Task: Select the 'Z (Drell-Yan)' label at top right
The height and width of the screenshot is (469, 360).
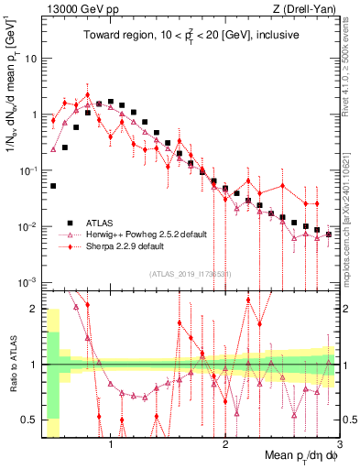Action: (x=307, y=8)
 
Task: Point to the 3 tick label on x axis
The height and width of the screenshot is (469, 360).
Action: (x=339, y=446)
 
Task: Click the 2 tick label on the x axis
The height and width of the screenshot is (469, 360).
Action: (x=225, y=446)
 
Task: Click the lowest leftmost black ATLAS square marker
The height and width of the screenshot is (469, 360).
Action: (x=53, y=186)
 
